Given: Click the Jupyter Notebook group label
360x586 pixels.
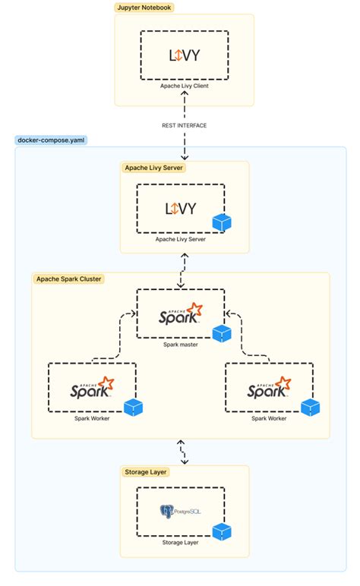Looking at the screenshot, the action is [x=144, y=8].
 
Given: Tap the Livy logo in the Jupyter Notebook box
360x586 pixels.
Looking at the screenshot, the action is [x=185, y=55].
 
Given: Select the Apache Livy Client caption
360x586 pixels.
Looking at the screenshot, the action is [x=185, y=86].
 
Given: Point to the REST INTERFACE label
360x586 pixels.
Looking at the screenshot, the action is [x=185, y=125].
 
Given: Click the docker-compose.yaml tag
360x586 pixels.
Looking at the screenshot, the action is [x=51, y=140].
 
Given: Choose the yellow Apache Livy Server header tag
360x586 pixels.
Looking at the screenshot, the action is [x=153, y=168].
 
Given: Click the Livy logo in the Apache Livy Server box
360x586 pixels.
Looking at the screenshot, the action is [x=181, y=209].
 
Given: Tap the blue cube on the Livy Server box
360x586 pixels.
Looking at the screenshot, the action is [x=222, y=222].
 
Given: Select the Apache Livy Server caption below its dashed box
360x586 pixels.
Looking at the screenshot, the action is [x=181, y=239].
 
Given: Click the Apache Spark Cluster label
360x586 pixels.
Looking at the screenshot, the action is [x=69, y=279].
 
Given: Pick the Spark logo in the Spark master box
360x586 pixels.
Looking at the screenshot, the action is [x=181, y=313].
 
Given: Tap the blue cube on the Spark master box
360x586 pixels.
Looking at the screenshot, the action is [x=222, y=333].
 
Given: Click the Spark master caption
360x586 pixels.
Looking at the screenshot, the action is [x=181, y=345].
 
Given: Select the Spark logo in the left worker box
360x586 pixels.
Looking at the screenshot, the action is [x=92, y=387].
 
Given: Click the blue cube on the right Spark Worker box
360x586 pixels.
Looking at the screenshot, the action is [x=311, y=408].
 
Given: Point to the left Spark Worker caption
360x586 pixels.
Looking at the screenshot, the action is [x=92, y=418].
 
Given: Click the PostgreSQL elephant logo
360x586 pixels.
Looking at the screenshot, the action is [x=167, y=512].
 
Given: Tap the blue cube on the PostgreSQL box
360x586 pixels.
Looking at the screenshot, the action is [x=222, y=531].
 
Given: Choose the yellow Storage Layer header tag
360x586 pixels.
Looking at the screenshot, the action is [x=145, y=472].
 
